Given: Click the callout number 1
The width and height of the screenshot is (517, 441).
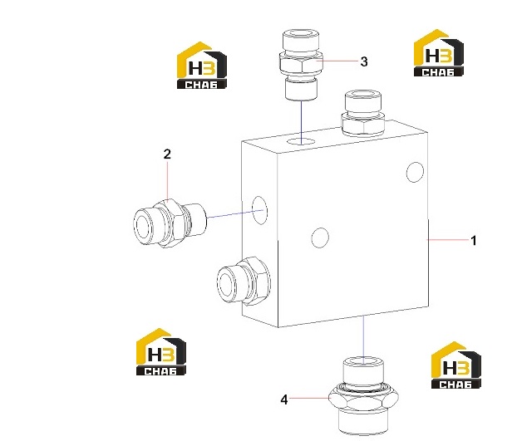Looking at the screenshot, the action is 474,241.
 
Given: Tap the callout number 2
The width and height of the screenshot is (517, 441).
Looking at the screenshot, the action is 168,154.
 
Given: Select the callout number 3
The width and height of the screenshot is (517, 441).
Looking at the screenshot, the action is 364,61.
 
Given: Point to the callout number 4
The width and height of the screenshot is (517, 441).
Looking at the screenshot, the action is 284,399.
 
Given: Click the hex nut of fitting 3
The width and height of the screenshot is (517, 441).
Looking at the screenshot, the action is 301,64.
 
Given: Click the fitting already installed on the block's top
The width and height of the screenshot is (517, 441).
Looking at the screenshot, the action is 363,113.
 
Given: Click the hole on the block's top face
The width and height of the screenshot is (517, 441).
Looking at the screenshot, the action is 301,142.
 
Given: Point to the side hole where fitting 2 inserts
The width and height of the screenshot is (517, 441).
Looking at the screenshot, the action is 259,210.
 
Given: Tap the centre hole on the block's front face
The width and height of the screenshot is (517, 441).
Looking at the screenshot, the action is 320,238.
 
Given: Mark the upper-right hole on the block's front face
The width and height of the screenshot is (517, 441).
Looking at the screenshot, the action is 415,172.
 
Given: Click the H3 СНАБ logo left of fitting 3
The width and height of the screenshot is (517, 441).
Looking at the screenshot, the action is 202,66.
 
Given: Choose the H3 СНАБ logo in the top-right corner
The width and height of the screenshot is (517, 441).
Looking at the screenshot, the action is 439,53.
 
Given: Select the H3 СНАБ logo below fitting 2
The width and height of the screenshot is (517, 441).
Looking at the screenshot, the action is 161,352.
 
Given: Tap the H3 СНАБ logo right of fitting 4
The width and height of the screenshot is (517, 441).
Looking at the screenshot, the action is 456,365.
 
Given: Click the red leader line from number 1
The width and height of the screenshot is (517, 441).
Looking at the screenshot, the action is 447,240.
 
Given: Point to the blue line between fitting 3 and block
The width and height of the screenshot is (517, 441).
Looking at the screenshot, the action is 302,123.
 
